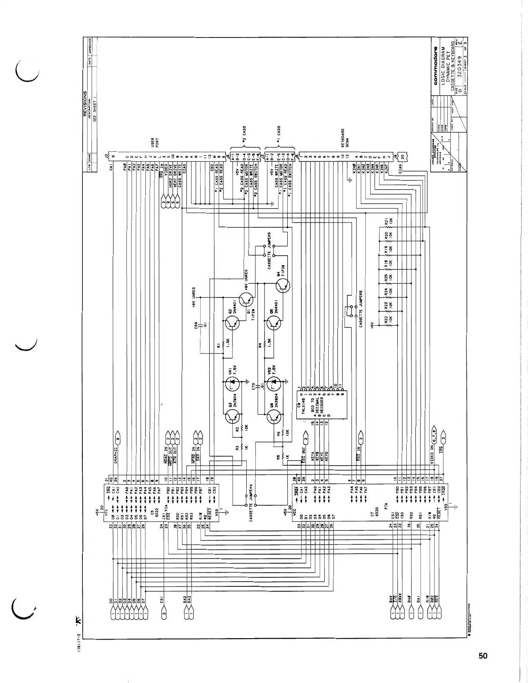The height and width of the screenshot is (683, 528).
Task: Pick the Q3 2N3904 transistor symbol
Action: pyautogui.click(x=233, y=416)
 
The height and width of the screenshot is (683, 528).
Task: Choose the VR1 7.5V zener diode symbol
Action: pyautogui.click(x=233, y=382)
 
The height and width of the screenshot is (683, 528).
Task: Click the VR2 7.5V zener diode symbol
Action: pyautogui.click(x=273, y=382)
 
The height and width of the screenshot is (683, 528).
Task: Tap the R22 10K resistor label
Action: pyautogui.click(x=388, y=321)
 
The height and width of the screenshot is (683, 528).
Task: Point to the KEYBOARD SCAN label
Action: pyautogui.click(x=345, y=138)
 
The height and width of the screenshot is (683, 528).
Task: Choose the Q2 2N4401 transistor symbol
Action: pyautogui.click(x=233, y=323)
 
